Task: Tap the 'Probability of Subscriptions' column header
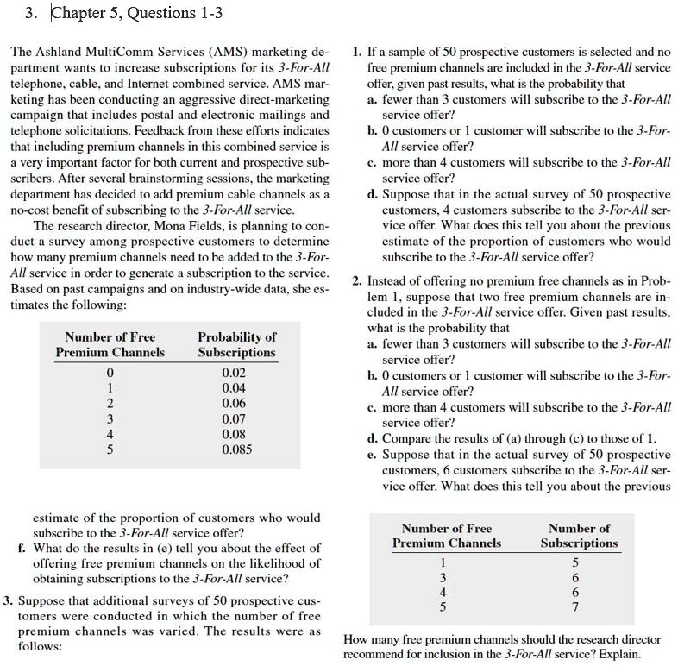pyautogui.click(x=237, y=344)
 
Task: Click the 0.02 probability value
pyautogui.click(x=234, y=372)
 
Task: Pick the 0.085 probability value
pyautogui.click(x=237, y=449)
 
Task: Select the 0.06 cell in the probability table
pyautogui.click(x=234, y=403)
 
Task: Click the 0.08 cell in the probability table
pyautogui.click(x=234, y=434)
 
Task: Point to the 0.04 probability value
pyautogui.click(x=234, y=387)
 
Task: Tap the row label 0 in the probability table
pyautogui.click(x=109, y=372)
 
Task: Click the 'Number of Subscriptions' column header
pyautogui.click(x=579, y=535)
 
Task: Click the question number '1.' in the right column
pyautogui.click(x=357, y=53)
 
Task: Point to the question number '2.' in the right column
pyautogui.click(x=357, y=281)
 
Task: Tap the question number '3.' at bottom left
pyautogui.click(x=8, y=600)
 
